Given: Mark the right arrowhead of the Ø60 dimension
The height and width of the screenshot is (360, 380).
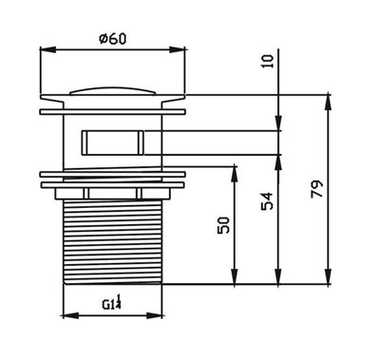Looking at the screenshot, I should (180, 52).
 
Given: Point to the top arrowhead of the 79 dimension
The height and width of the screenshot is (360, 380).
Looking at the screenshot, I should (328, 97).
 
